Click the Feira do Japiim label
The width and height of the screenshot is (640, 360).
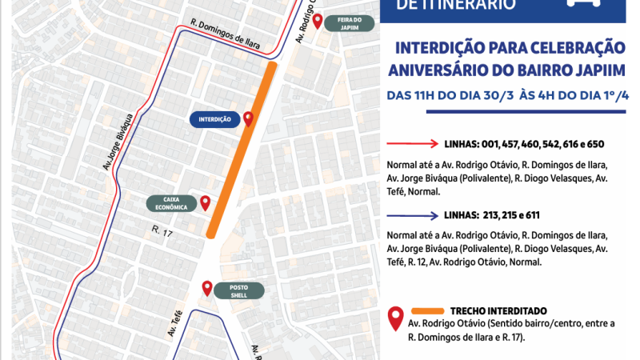pyautogui.click(x=350, y=22)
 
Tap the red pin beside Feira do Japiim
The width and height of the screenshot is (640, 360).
pyautogui.click(x=318, y=21)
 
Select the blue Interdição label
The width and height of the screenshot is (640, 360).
pyautogui.click(x=214, y=119)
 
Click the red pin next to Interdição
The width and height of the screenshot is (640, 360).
pyautogui.click(x=248, y=118)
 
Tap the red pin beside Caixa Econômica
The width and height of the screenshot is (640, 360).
pyautogui.click(x=205, y=202)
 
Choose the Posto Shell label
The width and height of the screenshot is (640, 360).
pyautogui.click(x=240, y=290)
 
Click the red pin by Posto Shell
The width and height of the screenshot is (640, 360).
pyautogui.click(x=207, y=288)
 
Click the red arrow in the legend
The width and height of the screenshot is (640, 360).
pyautogui.click(x=412, y=145)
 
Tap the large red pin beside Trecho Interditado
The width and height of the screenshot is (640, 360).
pyautogui.click(x=394, y=319)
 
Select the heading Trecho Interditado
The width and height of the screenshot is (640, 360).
pyautogui.click(x=498, y=310)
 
